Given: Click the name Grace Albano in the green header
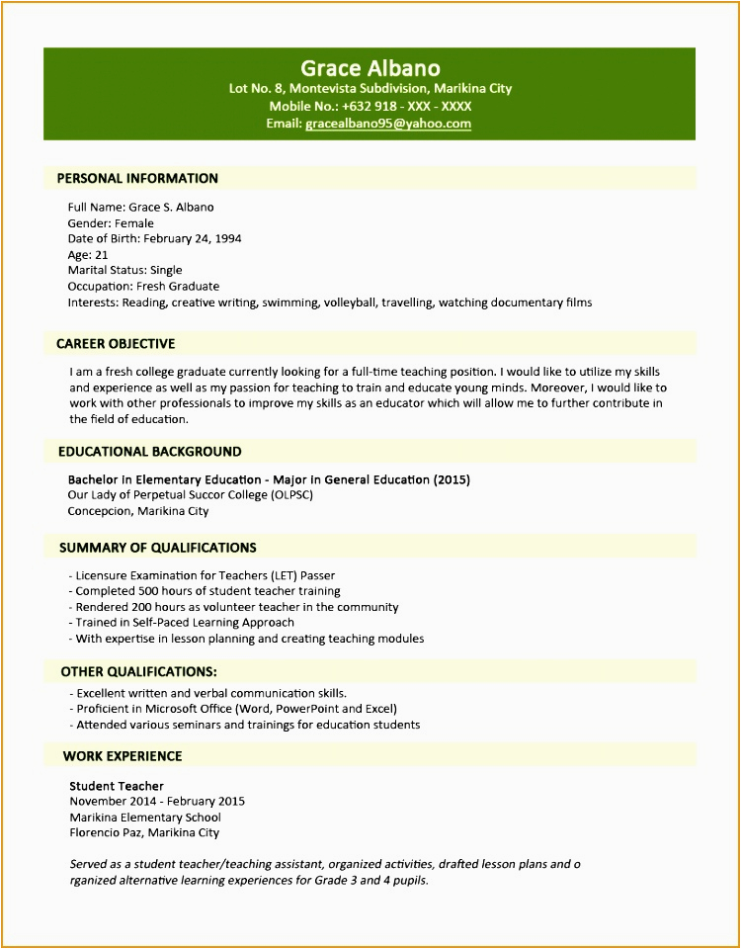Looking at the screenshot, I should pyautogui.click(x=370, y=68).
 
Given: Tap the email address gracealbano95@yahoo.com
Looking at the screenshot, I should pyautogui.click(x=388, y=124).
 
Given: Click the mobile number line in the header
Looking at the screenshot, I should pyautogui.click(x=370, y=106).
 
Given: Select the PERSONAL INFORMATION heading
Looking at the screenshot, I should pyautogui.click(x=137, y=179).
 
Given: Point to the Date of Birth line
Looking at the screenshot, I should pyautogui.click(x=154, y=238).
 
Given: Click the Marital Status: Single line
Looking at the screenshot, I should pyautogui.click(x=124, y=270).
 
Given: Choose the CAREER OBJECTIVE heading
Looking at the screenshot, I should pyautogui.click(x=116, y=344).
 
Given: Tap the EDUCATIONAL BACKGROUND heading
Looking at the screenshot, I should pyautogui.click(x=149, y=452).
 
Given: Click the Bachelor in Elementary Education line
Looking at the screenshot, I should pyautogui.click(x=269, y=479).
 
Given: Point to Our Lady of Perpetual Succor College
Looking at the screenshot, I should pyautogui.click(x=190, y=495).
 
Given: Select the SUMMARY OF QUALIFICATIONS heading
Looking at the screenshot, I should pyautogui.click(x=157, y=548).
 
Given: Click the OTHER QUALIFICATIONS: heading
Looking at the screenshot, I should pyautogui.click(x=138, y=672).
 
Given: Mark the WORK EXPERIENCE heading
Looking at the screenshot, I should pyautogui.click(x=123, y=756).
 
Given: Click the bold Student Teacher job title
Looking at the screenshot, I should pyautogui.click(x=117, y=786).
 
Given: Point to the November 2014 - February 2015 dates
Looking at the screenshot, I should pyautogui.click(x=157, y=802).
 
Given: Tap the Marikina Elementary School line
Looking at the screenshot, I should pyautogui.click(x=145, y=818).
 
